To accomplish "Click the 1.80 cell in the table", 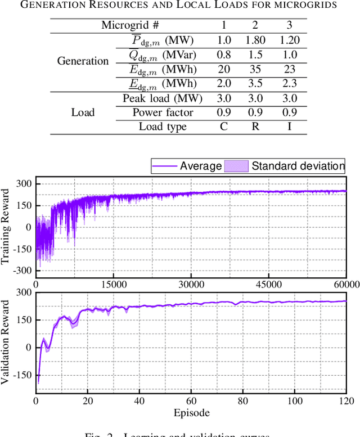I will [257, 40].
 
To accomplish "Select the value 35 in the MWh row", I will [257, 70].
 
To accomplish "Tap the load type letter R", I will [257, 127].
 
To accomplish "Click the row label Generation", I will [83, 61].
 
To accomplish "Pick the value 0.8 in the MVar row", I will [224, 55].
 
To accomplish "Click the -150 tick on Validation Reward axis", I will [22, 375].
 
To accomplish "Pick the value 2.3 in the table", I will [289, 84].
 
